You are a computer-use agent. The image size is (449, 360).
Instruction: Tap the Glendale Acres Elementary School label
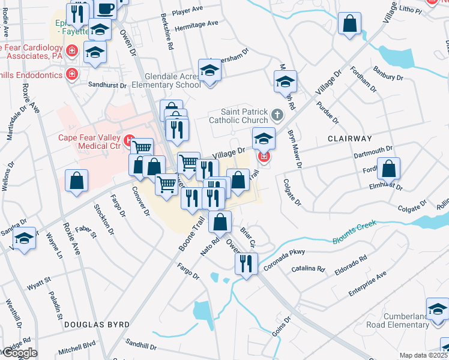click(172, 81)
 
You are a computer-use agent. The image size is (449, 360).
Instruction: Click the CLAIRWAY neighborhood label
click(351, 138)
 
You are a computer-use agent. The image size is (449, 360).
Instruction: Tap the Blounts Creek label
click(354, 232)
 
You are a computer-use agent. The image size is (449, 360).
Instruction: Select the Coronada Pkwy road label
click(285, 254)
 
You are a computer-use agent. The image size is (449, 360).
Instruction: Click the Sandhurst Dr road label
click(107, 85)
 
